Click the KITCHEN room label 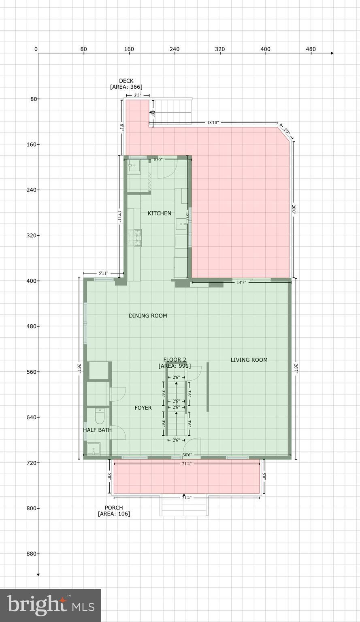coord(159,213)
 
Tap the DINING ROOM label coord(148,316)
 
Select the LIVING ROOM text coord(249,360)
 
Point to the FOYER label coord(143,408)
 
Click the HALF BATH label coord(97,430)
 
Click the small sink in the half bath coord(94,449)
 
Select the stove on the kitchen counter coord(138,238)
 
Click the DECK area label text coord(126,84)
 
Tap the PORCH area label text coord(114,511)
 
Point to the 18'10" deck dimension coord(213,122)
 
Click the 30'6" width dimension coord(187,455)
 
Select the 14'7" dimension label coord(241,282)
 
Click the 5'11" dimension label coord(103,273)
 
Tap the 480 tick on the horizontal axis coord(311,49)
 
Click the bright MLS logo coord(51,605)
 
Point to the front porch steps coord(184,506)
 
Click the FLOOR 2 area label coord(175,363)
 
